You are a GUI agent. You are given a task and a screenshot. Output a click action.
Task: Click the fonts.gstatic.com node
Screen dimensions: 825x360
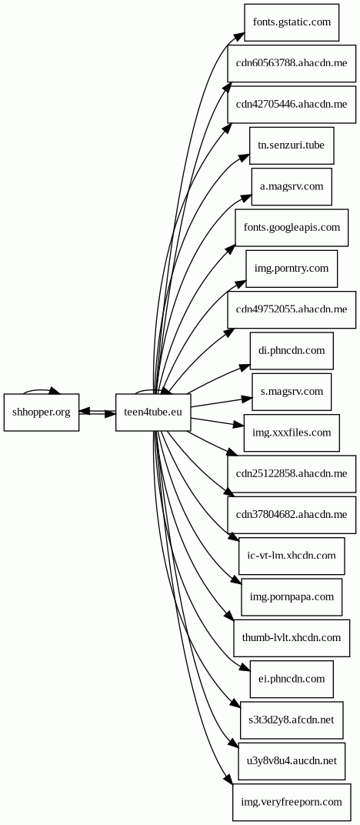pos(292,22)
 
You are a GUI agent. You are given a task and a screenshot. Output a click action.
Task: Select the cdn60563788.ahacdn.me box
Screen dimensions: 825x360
pos(292,63)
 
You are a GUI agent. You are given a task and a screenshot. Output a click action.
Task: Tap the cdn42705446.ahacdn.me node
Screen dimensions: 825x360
pos(292,104)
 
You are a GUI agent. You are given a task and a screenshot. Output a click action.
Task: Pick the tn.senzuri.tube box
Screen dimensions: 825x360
pos(292,145)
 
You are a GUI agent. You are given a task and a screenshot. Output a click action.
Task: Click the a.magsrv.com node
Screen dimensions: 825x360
pos(292,186)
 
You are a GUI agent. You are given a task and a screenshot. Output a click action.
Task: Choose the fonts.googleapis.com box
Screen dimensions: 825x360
pos(292,228)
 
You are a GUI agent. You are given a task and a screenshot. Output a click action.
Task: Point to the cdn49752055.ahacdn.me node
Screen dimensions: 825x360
pos(292,309)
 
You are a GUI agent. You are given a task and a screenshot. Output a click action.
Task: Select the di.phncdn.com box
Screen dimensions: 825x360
pos(292,351)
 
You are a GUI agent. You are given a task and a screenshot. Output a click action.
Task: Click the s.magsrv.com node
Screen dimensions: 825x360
pos(292,392)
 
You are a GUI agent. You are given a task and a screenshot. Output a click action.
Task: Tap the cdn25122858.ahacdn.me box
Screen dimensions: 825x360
pos(292,473)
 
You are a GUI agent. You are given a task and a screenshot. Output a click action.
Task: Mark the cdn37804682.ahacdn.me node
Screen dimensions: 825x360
pos(292,514)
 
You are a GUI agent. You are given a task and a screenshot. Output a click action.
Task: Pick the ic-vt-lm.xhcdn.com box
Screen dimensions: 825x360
pos(292,556)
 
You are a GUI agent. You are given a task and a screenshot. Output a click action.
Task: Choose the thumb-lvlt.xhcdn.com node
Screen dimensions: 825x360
pos(292,638)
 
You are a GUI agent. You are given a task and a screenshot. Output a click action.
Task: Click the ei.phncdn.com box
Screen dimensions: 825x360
pos(292,679)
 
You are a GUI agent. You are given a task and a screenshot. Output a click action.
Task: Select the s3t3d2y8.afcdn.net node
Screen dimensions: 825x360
pos(292,720)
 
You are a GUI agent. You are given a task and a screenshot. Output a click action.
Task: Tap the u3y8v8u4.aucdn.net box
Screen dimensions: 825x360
pos(292,761)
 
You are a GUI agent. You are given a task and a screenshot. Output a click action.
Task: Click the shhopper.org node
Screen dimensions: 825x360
pos(42,412)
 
